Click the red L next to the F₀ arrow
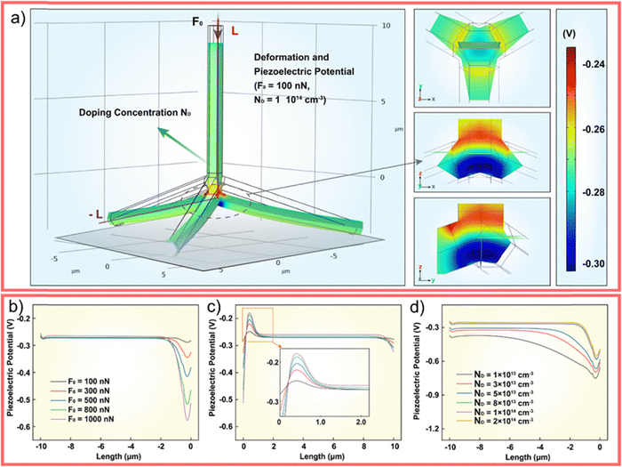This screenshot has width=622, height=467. pyautogui.click(x=235, y=30)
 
